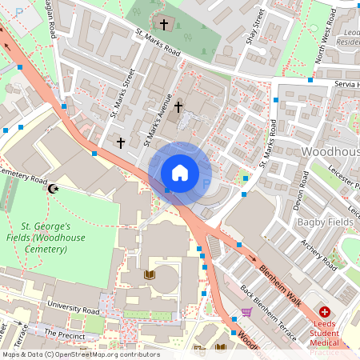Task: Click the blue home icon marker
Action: point(180,172)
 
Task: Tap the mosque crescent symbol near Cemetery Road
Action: point(54,189)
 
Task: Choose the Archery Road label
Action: point(318,252)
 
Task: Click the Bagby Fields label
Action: point(325,221)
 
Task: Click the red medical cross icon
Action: point(325,311)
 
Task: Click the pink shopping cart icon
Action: point(246,312)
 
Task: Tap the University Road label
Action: point(72,306)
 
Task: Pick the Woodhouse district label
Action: point(330,150)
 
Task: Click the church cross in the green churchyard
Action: point(166,24)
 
